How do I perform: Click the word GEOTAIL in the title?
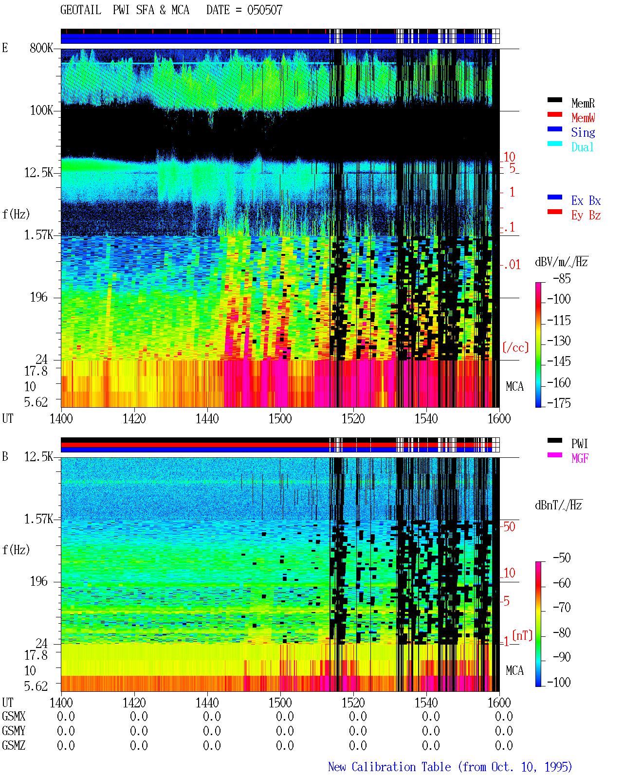80,10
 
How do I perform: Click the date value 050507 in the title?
265,10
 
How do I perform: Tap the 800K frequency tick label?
41,48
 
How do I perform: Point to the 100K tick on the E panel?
41,110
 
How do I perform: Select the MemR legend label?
583,103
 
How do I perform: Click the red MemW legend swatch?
554,114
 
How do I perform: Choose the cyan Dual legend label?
583,147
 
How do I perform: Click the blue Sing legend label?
583,132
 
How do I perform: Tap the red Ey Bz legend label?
586,215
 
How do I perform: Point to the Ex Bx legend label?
586,200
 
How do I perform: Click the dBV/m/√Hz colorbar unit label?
561,262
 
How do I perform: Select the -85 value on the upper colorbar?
562,278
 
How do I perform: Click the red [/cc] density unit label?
515,347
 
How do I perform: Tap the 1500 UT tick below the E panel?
280,418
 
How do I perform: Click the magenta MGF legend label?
580,458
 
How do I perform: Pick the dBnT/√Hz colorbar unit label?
558,505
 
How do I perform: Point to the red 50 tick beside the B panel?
510,526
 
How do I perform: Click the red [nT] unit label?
522,635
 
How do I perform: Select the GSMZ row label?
14,745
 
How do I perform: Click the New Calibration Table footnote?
450,767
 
